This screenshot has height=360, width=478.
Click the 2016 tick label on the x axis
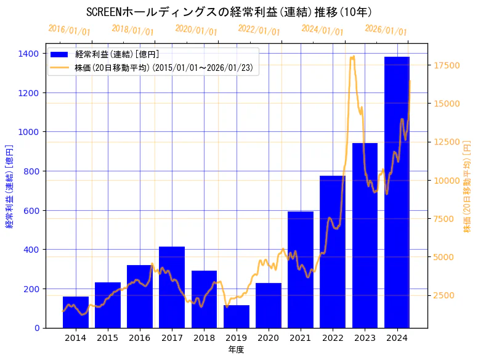coord(140,338)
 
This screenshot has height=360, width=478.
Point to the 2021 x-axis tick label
coord(301,338)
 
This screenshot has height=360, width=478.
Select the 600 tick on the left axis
coord(33,211)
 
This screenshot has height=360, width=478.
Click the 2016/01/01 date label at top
coord(69,30)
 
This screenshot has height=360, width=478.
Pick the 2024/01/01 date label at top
coord(322,30)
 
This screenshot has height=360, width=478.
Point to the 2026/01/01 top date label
coord(386,30)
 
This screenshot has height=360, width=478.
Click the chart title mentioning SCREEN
coord(229,12)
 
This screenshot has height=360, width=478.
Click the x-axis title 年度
coord(237,350)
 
